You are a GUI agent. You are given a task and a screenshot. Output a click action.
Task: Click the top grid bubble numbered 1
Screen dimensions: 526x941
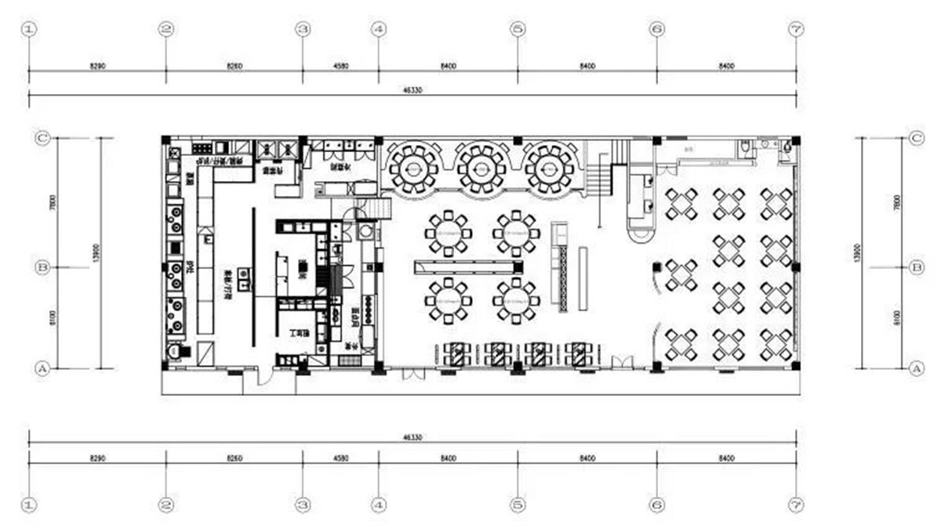[x=30, y=30]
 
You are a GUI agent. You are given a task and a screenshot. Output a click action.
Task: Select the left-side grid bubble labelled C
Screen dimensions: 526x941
[x=43, y=138]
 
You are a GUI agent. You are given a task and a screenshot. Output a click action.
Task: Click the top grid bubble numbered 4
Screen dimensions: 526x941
[x=379, y=30]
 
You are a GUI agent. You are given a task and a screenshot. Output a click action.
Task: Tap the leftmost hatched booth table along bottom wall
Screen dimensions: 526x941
[x=456, y=354]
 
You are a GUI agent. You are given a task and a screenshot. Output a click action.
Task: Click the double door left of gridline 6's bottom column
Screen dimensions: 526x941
[x=621, y=363]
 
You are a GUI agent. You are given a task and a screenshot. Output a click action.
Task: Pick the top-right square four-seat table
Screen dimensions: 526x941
[x=776, y=203]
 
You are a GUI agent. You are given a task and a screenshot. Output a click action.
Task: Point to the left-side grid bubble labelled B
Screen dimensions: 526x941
[x=43, y=267]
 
